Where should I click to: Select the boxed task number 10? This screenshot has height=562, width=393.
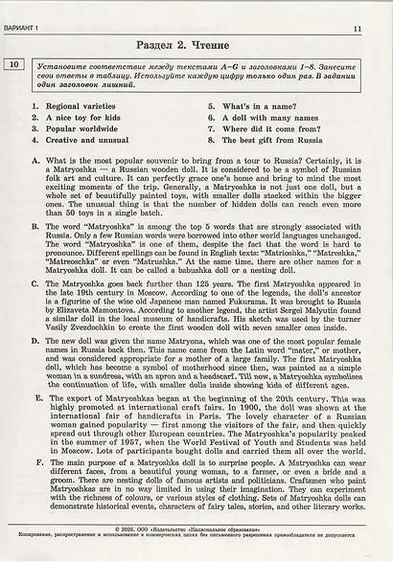click(x=16, y=66)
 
